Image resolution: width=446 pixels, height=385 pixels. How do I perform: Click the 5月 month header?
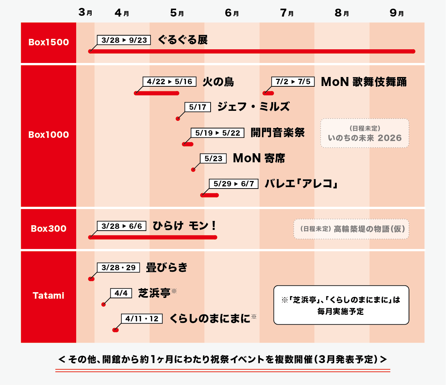point(177,13)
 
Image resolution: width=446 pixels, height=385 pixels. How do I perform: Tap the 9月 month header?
point(397,13)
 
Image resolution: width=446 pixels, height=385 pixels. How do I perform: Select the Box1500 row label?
point(49,42)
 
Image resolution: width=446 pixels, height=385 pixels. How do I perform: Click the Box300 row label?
point(49,229)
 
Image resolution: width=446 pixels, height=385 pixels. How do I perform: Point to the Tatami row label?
point(49,296)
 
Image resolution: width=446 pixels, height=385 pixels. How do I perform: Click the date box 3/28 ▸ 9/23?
point(124,40)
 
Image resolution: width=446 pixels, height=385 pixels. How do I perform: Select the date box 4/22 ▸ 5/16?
point(169,82)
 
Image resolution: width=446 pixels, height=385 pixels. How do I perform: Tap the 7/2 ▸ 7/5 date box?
point(293,82)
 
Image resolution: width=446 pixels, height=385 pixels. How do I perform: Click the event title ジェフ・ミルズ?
point(253,107)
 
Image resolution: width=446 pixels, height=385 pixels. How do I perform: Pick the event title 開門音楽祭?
point(277,133)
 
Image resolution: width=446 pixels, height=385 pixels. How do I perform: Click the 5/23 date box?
point(213,158)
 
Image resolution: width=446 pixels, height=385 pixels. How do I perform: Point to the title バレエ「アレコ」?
point(301,184)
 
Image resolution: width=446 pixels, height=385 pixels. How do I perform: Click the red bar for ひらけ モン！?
point(153,237)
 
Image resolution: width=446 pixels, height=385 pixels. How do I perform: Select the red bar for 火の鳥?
point(157,93)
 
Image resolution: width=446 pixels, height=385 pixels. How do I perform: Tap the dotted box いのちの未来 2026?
point(364,133)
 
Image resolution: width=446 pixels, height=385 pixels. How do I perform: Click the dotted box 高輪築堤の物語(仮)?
point(351,229)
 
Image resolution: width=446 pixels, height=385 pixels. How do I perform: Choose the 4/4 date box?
point(121,293)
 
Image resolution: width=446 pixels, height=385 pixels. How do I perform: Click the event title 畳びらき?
point(167,268)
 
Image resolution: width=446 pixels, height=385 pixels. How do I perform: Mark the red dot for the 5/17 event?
point(178,119)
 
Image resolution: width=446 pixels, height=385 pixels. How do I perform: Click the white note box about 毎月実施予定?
point(341,305)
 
